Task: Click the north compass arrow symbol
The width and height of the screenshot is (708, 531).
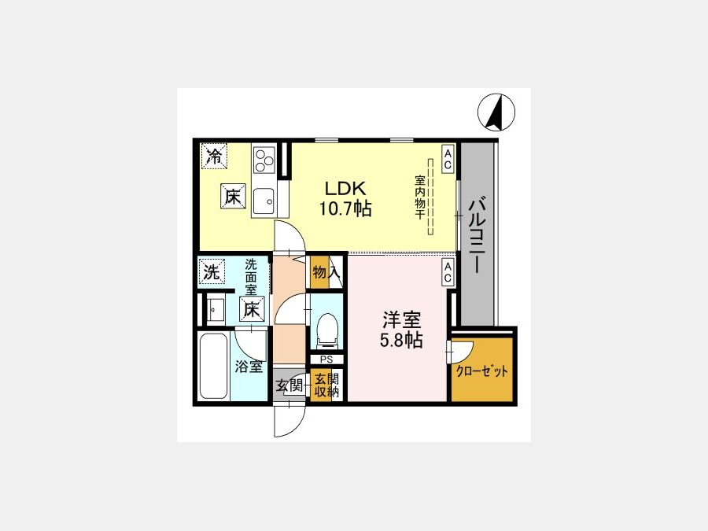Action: click(496, 112)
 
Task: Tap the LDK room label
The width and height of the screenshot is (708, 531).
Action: click(345, 187)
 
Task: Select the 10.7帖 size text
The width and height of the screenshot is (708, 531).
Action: click(345, 208)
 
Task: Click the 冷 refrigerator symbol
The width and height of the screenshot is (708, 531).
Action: click(214, 157)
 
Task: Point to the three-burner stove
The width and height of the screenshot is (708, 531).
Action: click(264, 160)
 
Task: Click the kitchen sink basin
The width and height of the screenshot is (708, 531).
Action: click(264, 201)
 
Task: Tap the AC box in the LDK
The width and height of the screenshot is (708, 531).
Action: click(448, 159)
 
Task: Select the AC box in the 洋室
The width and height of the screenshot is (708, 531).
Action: click(448, 272)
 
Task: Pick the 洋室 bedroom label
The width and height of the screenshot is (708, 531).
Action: click(401, 319)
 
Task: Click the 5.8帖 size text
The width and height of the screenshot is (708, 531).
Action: click(401, 340)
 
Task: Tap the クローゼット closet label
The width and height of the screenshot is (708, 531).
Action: click(481, 371)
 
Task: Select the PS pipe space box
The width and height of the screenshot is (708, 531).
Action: click(326, 360)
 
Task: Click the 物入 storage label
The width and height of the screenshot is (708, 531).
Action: click(326, 273)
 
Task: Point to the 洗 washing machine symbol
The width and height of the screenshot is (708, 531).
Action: click(212, 271)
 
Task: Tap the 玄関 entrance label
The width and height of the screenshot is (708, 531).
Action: click(289, 385)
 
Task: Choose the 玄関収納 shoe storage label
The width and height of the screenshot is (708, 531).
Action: click(326, 385)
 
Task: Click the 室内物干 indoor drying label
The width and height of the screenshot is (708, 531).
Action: click(419, 197)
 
